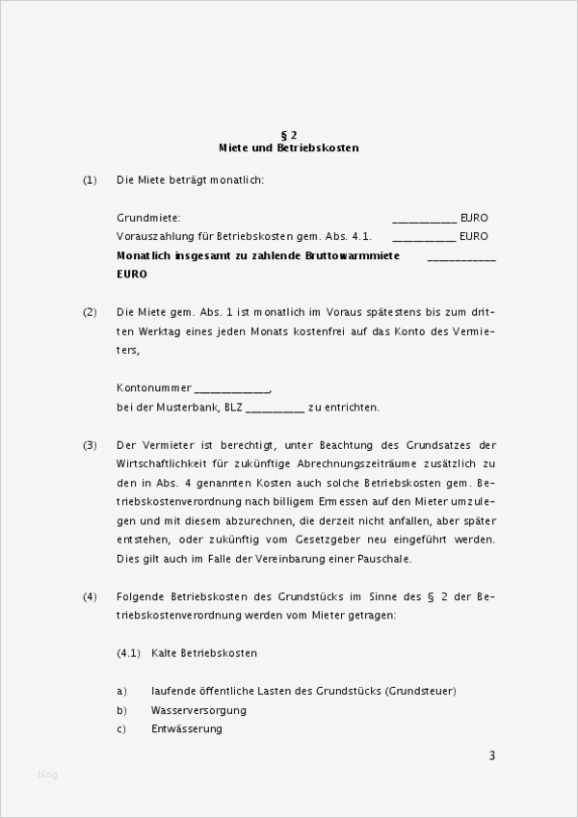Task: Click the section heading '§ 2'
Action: point(288,135)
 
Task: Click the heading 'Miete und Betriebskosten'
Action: point(288,148)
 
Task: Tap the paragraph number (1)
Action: point(91,180)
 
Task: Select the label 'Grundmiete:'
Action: point(148,219)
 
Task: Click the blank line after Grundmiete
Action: point(424,220)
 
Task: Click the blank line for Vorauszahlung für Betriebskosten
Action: point(424,237)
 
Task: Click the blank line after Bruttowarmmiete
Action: point(460,258)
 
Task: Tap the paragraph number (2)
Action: point(91,312)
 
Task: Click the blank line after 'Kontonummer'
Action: point(231,389)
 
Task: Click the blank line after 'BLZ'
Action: point(275,409)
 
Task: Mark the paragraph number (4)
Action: point(91,597)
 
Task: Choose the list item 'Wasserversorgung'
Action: point(198,710)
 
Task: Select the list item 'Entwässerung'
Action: point(187,728)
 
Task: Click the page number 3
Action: point(491,755)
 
